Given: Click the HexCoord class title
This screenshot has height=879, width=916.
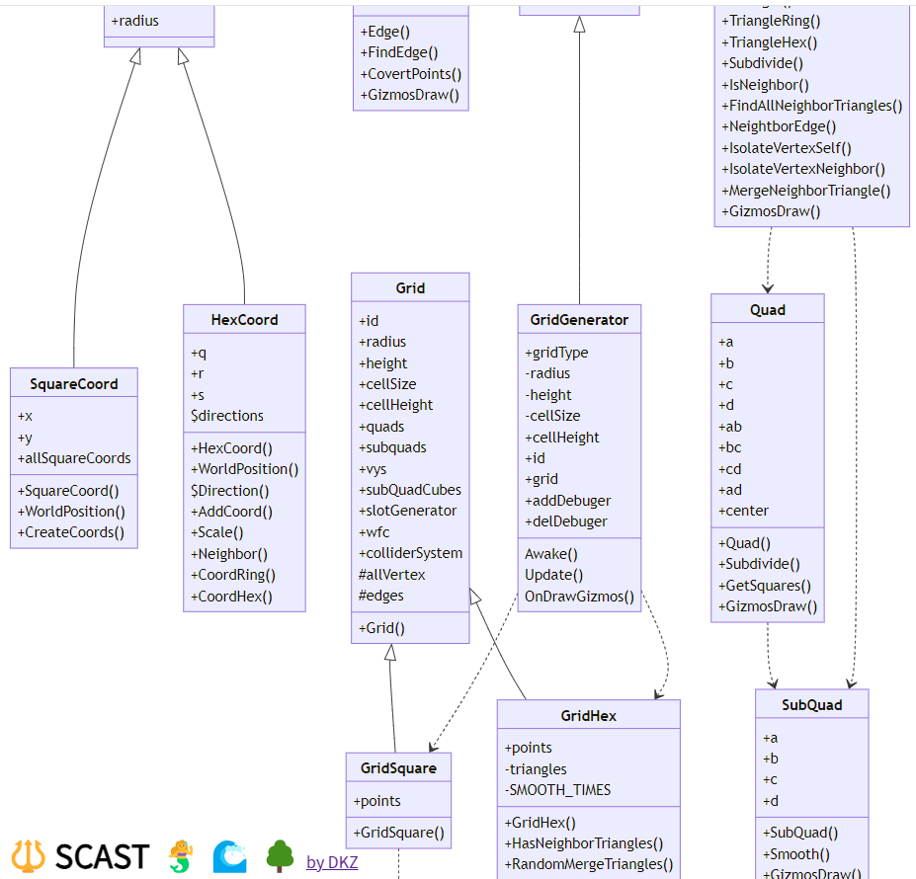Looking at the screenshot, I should (x=244, y=320).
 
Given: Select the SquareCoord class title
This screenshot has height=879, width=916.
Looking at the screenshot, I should (x=74, y=384).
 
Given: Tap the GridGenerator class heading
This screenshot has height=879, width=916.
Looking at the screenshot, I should (x=579, y=320).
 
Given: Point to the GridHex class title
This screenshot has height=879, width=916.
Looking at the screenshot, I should (x=588, y=716).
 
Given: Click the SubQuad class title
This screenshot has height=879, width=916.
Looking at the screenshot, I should (x=811, y=705).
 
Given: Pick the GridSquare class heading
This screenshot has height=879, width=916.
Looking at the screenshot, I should (x=398, y=768).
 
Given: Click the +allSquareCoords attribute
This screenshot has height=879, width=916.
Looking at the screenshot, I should (x=74, y=458).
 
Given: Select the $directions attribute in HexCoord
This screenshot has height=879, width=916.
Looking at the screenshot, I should (x=227, y=416).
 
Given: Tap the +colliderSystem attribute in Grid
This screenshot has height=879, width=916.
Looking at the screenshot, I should (x=410, y=553).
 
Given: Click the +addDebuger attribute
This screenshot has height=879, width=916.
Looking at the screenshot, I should (x=567, y=501).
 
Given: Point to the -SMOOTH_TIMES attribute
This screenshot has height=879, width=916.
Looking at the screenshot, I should (x=557, y=790).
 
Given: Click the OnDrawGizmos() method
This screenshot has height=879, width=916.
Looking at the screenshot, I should (x=579, y=597).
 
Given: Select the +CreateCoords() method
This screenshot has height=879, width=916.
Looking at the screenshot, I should (x=71, y=532).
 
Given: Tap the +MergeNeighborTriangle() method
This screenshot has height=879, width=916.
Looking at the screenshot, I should (x=806, y=191).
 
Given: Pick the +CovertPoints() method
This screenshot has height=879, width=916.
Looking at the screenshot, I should (x=410, y=74).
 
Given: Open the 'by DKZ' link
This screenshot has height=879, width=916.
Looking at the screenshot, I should (x=332, y=862).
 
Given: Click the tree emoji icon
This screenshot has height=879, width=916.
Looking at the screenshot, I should (x=281, y=856).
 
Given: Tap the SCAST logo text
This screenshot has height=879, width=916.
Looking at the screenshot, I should (x=102, y=856).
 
